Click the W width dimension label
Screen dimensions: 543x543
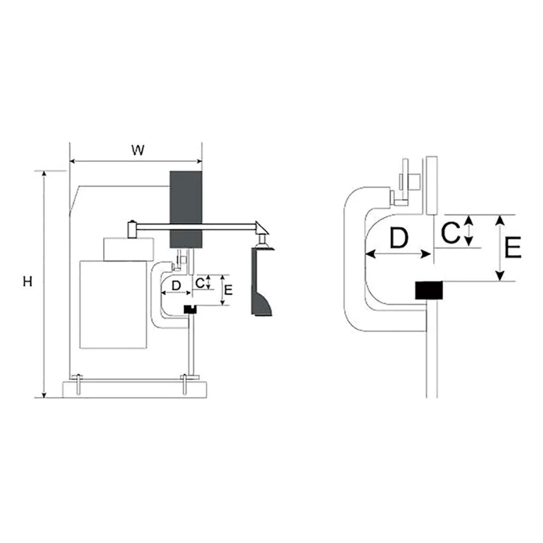(138, 150)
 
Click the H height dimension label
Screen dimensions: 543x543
(27, 282)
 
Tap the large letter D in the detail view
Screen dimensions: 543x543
(399, 238)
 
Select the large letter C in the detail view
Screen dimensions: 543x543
(450, 233)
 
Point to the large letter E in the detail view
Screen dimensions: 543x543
(513, 247)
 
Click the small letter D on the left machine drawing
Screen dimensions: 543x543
(176, 285)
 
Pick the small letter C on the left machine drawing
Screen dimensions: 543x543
(200, 283)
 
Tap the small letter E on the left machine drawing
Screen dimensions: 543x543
(228, 290)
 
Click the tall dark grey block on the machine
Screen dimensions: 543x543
(185, 209)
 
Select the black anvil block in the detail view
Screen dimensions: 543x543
(429, 290)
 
